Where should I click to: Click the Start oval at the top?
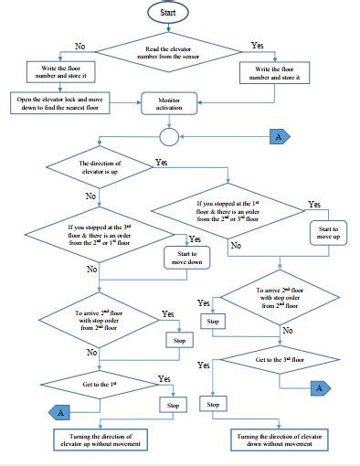tap(169, 14)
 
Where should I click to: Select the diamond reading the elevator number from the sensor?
tap(169, 57)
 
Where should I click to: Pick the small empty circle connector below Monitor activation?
tap(168, 137)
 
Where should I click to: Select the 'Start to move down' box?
tap(188, 259)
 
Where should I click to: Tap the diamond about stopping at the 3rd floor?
tap(101, 233)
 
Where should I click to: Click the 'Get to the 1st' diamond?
tap(100, 384)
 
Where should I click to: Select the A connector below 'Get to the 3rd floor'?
tap(318, 387)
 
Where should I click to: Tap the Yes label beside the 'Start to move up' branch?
tap(314, 204)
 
